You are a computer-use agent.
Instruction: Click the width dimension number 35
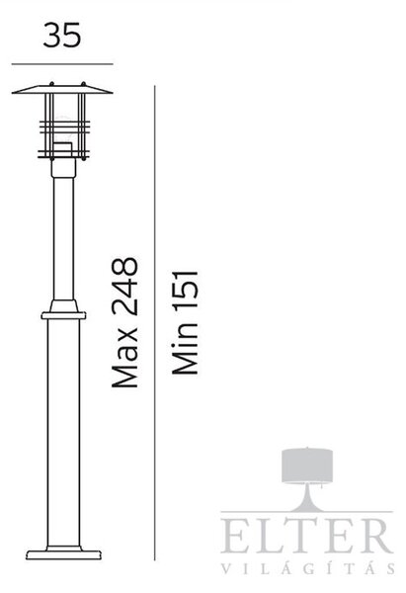[62, 36]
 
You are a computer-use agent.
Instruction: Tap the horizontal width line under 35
[62, 64]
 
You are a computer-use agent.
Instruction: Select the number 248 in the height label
[125, 287]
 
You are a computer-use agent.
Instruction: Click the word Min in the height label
[186, 349]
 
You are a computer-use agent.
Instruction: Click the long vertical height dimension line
[155, 323]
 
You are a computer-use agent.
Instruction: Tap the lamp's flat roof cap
[62, 89]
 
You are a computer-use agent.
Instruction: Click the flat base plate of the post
[63, 554]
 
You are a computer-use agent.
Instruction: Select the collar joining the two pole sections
[63, 310]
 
